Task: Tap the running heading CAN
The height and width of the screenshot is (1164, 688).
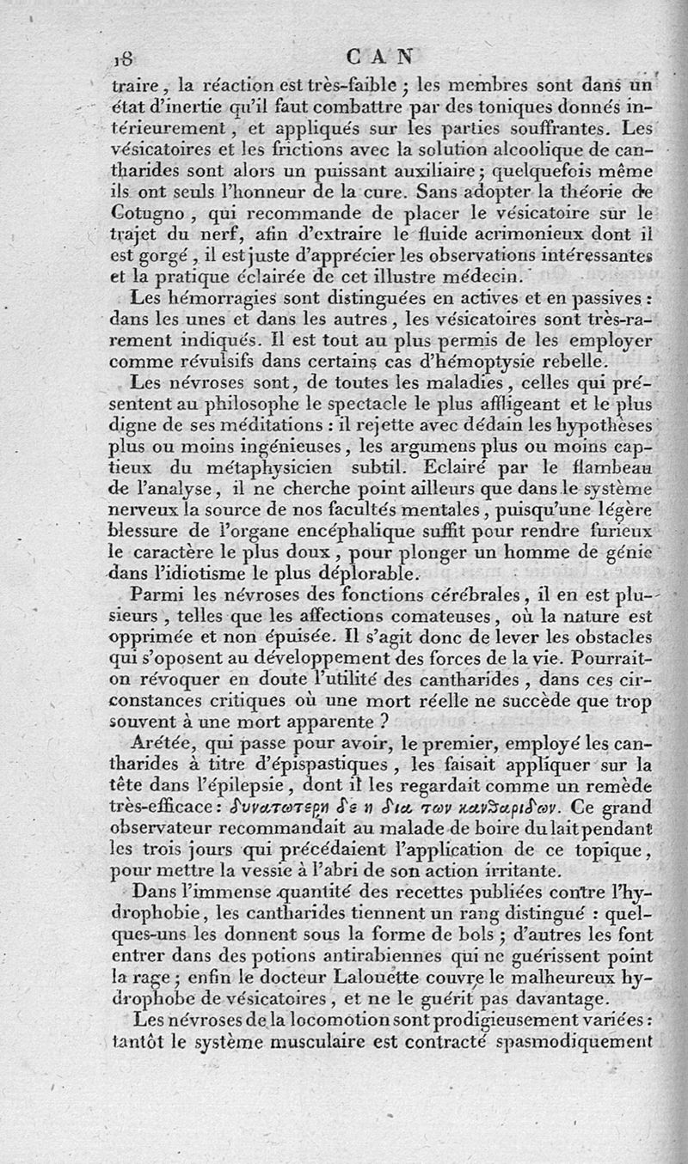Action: [378, 57]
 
